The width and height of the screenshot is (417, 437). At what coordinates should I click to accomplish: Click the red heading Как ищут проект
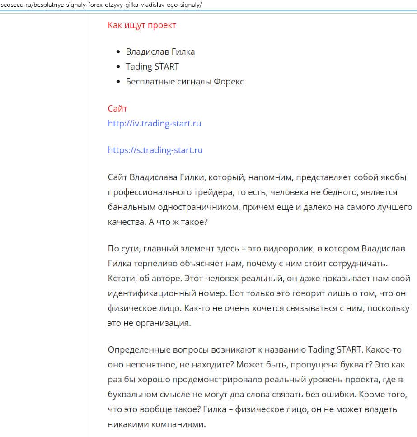click(x=142, y=25)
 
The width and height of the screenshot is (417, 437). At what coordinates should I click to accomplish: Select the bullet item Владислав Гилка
click(x=160, y=51)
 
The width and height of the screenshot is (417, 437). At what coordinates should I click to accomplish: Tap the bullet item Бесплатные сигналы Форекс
click(x=185, y=82)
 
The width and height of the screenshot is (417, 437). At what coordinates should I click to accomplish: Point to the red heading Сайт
click(x=117, y=108)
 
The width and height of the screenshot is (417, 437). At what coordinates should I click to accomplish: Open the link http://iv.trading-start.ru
click(x=155, y=123)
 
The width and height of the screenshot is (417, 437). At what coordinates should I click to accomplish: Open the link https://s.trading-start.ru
click(x=155, y=150)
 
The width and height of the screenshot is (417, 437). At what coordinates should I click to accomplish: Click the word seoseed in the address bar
click(x=12, y=5)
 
